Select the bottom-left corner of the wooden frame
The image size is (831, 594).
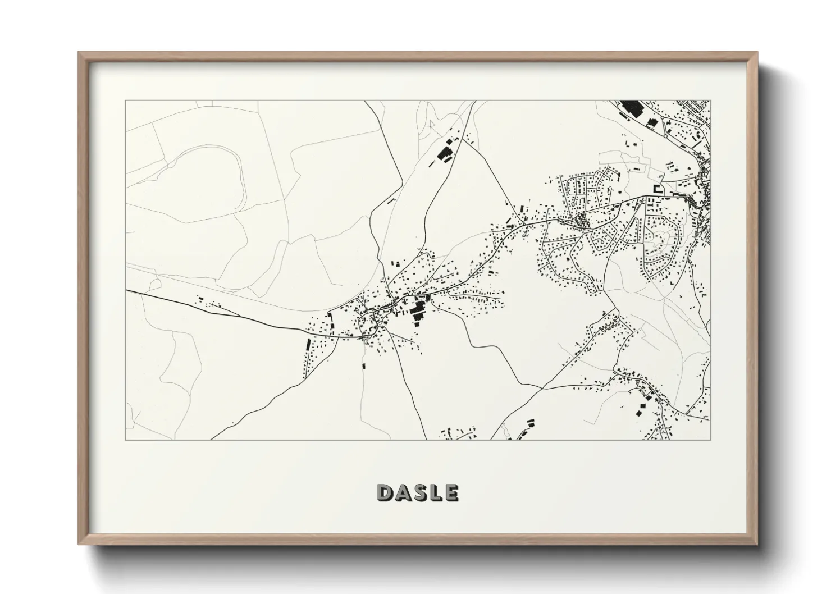[79, 544]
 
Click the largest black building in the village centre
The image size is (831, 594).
[418, 309]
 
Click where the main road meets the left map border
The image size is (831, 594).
[126, 291]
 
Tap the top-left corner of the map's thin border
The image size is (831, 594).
[126, 101]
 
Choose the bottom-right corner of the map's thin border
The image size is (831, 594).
[710, 440]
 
